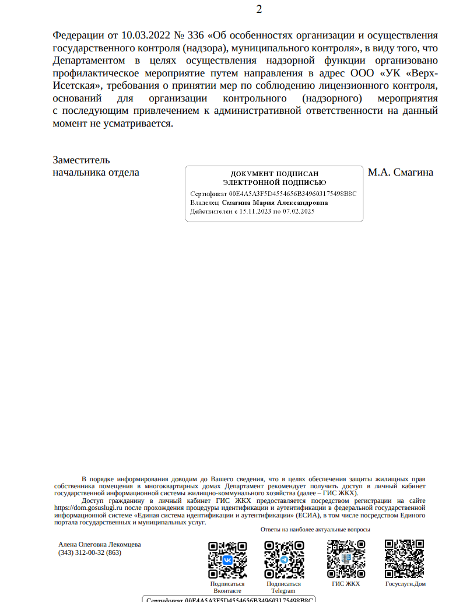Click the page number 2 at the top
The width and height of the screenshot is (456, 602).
(259, 9)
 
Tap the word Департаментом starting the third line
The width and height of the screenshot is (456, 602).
(89, 60)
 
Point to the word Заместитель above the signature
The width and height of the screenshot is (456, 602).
(81, 160)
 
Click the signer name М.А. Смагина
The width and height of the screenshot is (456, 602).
(401, 172)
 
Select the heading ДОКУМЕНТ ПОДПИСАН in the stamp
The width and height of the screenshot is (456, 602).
(275, 174)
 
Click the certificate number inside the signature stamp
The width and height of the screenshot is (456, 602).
(293, 193)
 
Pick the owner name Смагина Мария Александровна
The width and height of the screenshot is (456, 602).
(275, 202)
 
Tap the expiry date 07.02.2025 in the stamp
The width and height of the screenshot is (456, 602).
(299, 211)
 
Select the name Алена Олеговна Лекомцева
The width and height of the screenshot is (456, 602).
(100, 544)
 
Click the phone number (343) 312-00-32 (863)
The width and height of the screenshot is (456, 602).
(90, 552)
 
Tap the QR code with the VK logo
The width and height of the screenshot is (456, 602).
(227, 559)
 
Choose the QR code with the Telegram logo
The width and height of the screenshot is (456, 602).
(284, 559)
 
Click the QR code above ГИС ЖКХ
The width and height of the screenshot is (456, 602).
(346, 559)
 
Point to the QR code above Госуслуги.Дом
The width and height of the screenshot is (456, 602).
(404, 559)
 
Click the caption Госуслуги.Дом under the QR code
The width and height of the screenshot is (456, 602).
(405, 583)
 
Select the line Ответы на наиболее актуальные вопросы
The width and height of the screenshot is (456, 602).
(315, 530)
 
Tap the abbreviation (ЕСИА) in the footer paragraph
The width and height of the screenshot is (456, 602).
(307, 515)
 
